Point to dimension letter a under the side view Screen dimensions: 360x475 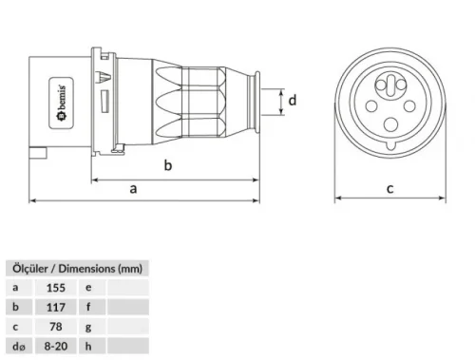tap(133, 189)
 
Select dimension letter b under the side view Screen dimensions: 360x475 tap(168, 166)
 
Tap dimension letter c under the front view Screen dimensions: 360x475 tap(390, 188)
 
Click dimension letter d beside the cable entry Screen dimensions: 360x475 tap(294, 100)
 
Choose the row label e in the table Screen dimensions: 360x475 tap(88, 286)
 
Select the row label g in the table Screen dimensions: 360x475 tap(88, 328)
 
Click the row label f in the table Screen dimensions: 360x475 tap(88, 307)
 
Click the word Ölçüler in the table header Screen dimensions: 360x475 tap(28, 268)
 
